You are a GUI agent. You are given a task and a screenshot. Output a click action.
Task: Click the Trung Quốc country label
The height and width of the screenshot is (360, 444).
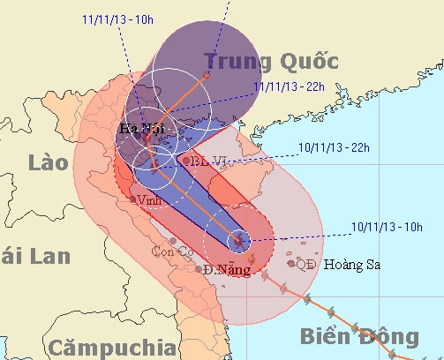[271, 62]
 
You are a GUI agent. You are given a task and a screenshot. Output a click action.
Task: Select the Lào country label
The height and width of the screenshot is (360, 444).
[48, 162]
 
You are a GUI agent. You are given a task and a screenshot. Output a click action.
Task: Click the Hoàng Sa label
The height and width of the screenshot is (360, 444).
[351, 264]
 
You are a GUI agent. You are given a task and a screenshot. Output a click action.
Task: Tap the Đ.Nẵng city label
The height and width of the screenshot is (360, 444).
[221, 269]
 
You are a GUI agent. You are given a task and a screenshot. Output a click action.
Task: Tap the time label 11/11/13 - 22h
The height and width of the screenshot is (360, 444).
[287, 86]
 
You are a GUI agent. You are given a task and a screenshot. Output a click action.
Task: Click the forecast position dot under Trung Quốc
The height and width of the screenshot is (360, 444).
[207, 76]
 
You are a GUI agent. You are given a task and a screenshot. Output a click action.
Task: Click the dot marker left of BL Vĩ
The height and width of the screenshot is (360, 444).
[184, 161]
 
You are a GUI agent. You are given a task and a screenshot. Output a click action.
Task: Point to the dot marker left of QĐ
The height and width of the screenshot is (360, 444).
[290, 262]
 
